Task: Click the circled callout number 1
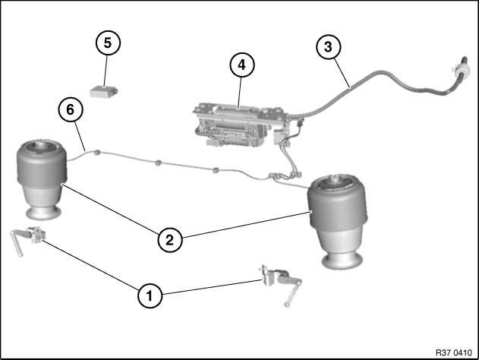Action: click(150, 295)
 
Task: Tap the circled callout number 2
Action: click(170, 240)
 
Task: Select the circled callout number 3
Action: click(328, 47)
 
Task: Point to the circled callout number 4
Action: click(242, 65)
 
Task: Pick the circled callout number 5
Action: click(108, 43)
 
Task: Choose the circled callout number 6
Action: click(71, 109)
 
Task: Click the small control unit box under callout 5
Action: click(104, 91)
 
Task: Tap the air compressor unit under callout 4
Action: click(241, 125)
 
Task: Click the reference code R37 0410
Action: click(454, 352)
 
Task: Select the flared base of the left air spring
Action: click(43, 213)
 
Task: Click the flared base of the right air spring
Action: click(343, 262)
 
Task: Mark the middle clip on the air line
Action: click(158, 163)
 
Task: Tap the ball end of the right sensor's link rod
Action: click(287, 305)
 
